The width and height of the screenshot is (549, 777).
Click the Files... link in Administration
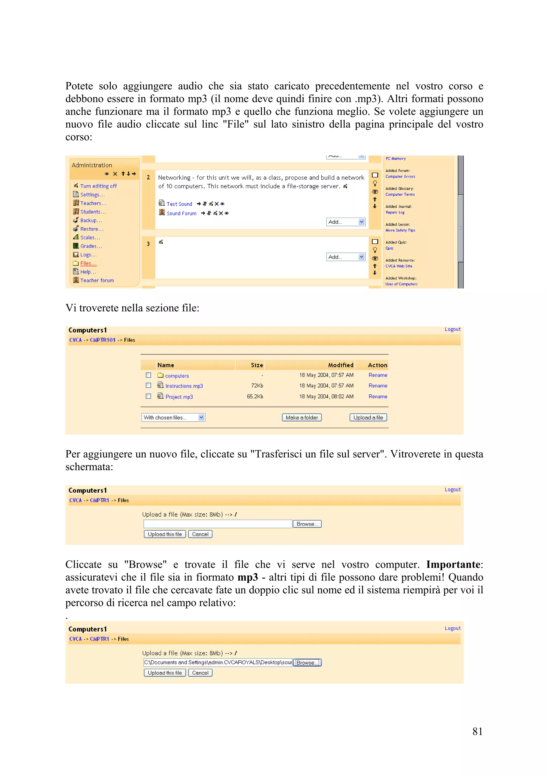pyautogui.click(x=88, y=263)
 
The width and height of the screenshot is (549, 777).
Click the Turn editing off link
pyautogui.click(x=98, y=186)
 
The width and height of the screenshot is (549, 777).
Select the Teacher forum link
pyautogui.click(x=97, y=280)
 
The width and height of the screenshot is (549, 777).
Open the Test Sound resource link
pyautogui.click(x=179, y=204)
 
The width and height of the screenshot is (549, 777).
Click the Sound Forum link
pyautogui.click(x=181, y=213)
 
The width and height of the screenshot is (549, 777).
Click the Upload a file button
pyautogui.click(x=368, y=418)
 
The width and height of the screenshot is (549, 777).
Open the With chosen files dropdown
pyautogui.click(x=173, y=418)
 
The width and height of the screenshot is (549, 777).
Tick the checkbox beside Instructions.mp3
pyautogui.click(x=148, y=386)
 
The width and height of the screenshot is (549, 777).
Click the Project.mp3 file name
pyautogui.click(x=179, y=397)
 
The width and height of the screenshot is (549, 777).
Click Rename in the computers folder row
pyautogui.click(x=377, y=375)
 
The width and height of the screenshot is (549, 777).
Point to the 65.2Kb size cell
pyautogui.click(x=255, y=397)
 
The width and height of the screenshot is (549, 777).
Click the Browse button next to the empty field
pyautogui.click(x=307, y=524)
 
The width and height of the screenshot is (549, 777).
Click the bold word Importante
pyautogui.click(x=453, y=565)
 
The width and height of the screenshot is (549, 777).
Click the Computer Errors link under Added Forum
pyautogui.click(x=400, y=177)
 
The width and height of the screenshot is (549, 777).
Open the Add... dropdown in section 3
pyautogui.click(x=345, y=257)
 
